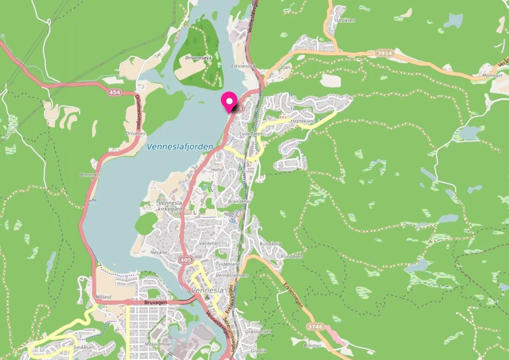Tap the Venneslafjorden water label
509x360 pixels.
[x=180, y=146]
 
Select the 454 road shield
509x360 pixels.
[x=115, y=93]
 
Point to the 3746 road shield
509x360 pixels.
[x=315, y=327]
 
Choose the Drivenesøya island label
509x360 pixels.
[x=198, y=58]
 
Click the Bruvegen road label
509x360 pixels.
[x=155, y=303]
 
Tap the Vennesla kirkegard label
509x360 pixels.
[x=170, y=206]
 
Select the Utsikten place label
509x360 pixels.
[x=346, y=20]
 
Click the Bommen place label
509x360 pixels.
[x=90, y=175]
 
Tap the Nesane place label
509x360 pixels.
[x=158, y=252]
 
